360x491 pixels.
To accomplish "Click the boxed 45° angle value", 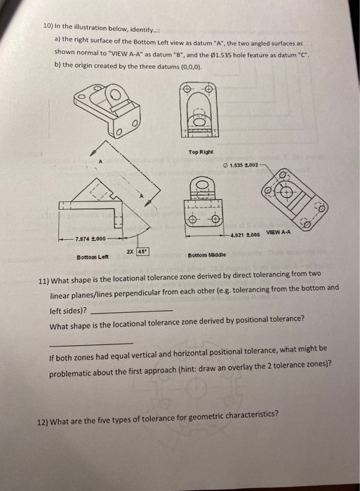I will (142, 250).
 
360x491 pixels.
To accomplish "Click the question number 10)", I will (49, 25).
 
